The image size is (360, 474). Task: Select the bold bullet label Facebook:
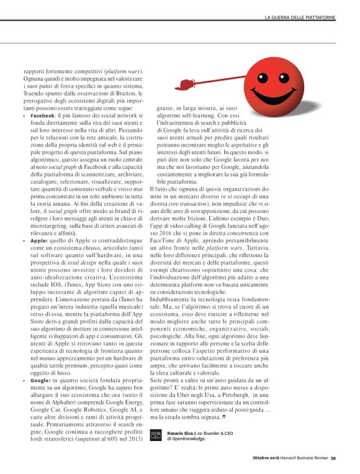pos(43,116)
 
